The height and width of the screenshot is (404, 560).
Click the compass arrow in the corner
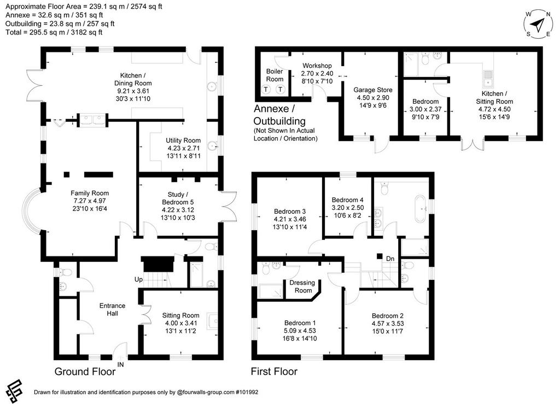pyautogui.click(x=537, y=24)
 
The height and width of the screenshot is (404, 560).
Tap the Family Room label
pyautogui.click(x=90, y=193)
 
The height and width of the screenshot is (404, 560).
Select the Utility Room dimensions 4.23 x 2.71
pyautogui.click(x=184, y=148)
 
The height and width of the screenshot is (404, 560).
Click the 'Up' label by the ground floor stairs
pyautogui.click(x=138, y=279)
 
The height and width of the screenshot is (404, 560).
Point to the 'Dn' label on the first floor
pyautogui.click(x=390, y=259)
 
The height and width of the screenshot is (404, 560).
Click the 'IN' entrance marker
pyautogui.click(x=121, y=365)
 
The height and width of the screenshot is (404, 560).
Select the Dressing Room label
pyautogui.click(x=302, y=286)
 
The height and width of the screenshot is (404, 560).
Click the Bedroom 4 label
pyautogui.click(x=347, y=200)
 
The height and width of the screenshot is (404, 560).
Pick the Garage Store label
pyautogui.click(x=373, y=90)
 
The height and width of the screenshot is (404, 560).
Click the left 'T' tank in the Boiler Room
pyautogui.click(x=266, y=89)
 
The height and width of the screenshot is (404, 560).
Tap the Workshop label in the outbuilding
pyautogui.click(x=317, y=66)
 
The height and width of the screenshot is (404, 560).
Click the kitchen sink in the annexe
pyautogui.click(x=487, y=79)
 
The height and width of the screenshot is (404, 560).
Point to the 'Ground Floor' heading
pyautogui.click(x=85, y=372)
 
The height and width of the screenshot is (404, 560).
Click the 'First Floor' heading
pyautogui.click(x=275, y=372)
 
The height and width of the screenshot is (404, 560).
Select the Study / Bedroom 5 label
pyautogui.click(x=178, y=198)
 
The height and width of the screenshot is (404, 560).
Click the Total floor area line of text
pyautogui.click(x=54, y=32)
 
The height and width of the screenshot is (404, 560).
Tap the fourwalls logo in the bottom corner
pyautogui.click(x=14, y=390)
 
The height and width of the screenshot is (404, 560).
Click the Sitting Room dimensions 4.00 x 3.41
pyautogui.click(x=180, y=323)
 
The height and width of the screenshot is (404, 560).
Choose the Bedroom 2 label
pyautogui.click(x=388, y=316)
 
